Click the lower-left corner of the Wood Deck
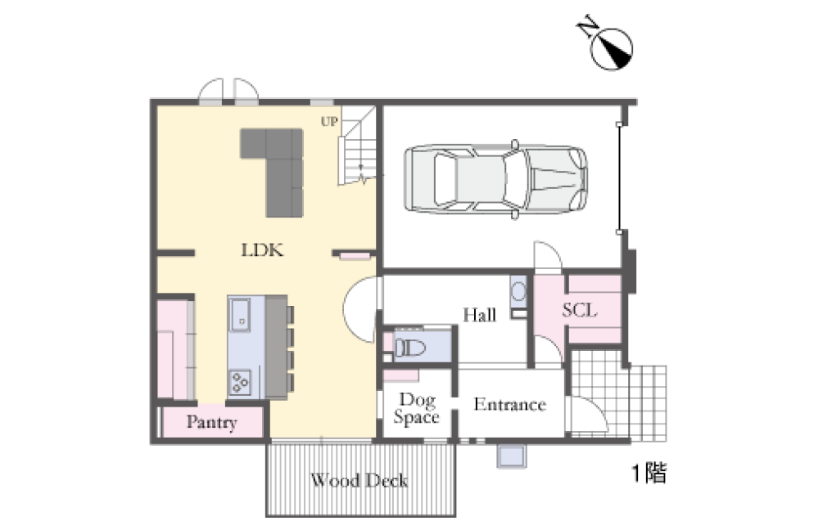[x=266, y=516]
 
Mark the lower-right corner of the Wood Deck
[x=455, y=516]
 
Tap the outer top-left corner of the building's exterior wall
[x=151, y=99]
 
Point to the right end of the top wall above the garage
[x=637, y=102]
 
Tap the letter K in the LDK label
[x=276, y=250]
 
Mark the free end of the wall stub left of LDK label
[x=195, y=254]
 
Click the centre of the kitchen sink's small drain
[x=242, y=321]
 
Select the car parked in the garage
[x=495, y=179]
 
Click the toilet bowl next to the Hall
[x=410, y=347]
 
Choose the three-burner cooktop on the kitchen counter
[x=241, y=382]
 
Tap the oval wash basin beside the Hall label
[x=518, y=291]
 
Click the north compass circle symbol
[x=612, y=49]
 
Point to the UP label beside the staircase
[x=329, y=122]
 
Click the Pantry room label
[x=212, y=422]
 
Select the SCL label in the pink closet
[x=580, y=310]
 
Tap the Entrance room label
[x=509, y=404]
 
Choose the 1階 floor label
[x=649, y=473]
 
